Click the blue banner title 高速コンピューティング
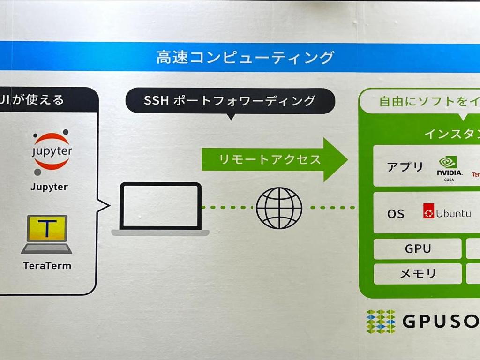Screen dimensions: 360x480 (x=245, y=57)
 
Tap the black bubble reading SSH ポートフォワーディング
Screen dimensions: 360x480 (x=230, y=100)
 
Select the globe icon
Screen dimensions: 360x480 (x=279, y=208)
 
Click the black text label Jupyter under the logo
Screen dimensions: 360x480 (x=49, y=187)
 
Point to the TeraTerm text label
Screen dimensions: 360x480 (x=47, y=266)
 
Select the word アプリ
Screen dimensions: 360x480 (x=405, y=166)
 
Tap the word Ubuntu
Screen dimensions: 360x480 (x=453, y=213)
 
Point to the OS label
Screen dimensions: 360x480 (x=396, y=214)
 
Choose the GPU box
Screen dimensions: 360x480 (x=417, y=248)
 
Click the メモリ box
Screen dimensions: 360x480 (x=417, y=274)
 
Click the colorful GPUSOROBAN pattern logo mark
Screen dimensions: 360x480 (x=381, y=321)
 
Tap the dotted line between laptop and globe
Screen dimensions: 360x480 (x=228, y=207)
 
